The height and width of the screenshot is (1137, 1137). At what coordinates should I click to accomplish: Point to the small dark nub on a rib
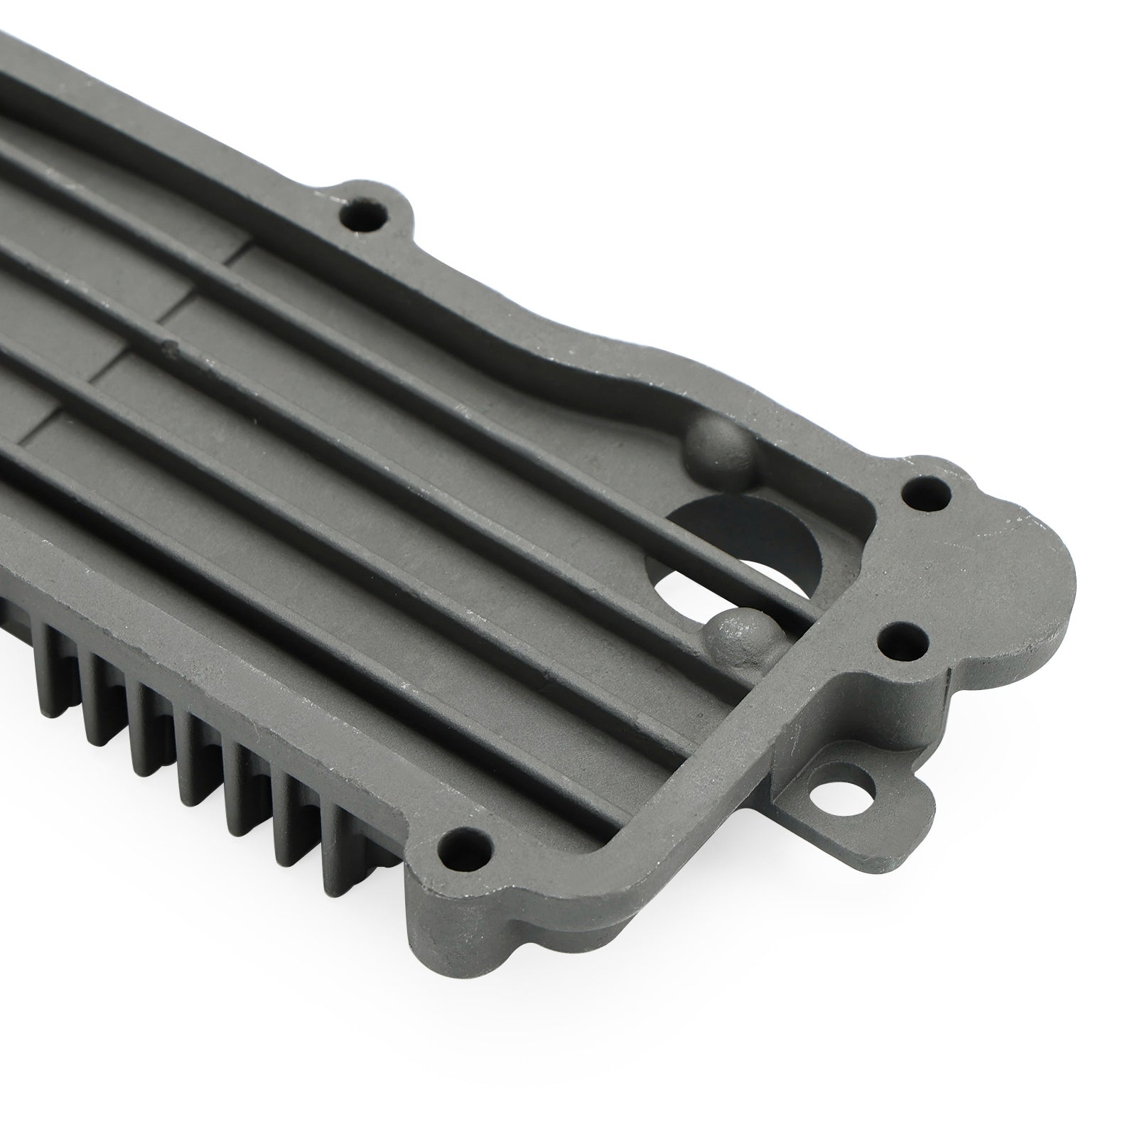(168, 347)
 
